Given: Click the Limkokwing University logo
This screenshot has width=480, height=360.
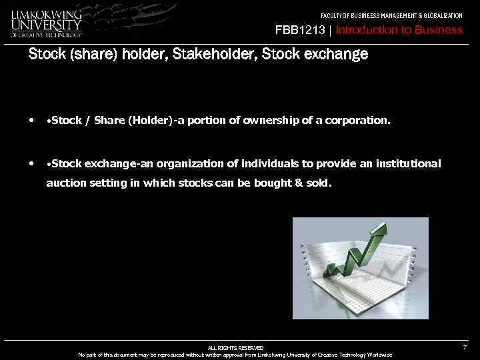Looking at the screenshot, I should click(x=47, y=23).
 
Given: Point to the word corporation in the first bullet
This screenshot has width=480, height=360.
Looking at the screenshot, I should click(x=357, y=121).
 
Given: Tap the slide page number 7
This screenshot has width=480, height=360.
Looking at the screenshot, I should click(x=465, y=348).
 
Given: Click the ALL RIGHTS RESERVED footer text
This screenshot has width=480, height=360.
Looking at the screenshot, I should click(x=235, y=348).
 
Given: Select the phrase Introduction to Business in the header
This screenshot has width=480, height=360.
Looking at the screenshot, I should click(x=399, y=30).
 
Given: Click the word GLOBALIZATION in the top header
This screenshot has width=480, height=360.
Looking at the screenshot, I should click(x=439, y=15).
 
